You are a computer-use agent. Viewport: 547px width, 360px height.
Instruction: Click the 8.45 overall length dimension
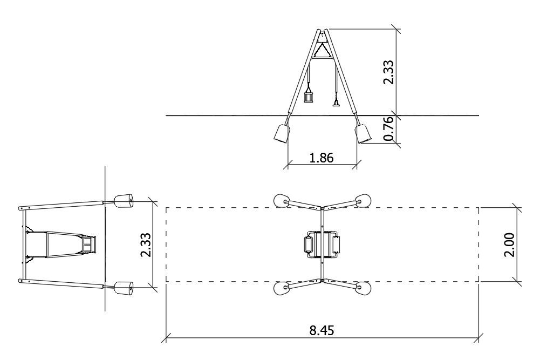click(x=322, y=330)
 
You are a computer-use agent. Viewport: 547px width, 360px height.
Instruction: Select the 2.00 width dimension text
click(x=510, y=244)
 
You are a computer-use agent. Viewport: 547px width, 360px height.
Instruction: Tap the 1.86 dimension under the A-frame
click(x=322, y=158)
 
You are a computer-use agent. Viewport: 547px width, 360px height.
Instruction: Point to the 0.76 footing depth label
click(x=388, y=129)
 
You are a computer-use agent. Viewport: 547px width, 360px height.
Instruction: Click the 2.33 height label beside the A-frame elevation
click(x=388, y=72)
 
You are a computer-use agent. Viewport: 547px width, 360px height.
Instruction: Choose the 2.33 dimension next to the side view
click(x=146, y=245)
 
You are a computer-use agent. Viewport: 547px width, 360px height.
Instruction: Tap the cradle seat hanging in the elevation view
click(x=309, y=95)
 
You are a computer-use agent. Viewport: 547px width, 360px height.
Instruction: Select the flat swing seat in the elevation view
click(x=336, y=103)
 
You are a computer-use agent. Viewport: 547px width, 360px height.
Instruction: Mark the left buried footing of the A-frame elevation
click(x=282, y=133)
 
